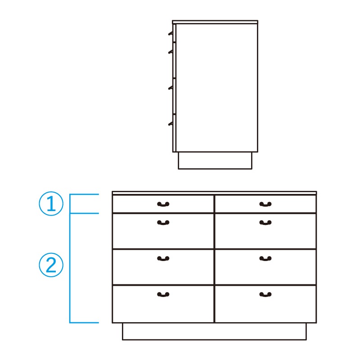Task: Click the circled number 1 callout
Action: coord(51,203)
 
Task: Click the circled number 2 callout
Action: coord(51,265)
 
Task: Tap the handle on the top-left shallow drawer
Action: coord(163,204)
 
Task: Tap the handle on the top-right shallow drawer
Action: coord(265,204)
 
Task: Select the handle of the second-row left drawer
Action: coord(163,222)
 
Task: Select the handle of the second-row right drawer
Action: coord(265,222)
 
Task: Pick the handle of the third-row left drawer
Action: coord(163,258)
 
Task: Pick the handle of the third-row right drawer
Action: coord(265,258)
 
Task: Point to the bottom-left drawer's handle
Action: coord(163,294)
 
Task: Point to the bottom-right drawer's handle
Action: coord(265,294)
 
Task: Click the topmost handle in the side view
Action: coord(171,33)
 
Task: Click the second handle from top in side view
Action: coord(171,52)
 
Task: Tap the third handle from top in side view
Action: coord(171,87)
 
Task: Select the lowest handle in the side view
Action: coord(171,123)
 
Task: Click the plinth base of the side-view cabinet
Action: coord(215,161)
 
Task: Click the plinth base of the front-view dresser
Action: coord(214,331)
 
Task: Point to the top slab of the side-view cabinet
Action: coord(215,22)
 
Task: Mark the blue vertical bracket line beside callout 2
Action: coord(70,268)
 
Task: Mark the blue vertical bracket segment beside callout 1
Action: coord(70,204)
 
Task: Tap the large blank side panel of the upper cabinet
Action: coord(217,88)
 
